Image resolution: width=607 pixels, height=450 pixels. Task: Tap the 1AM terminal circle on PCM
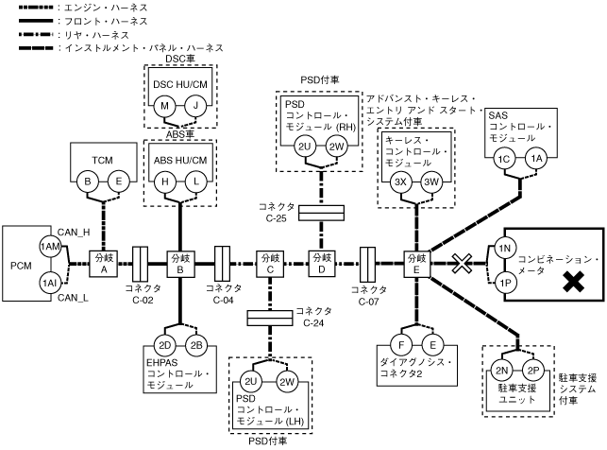pyautogui.click(x=48, y=246)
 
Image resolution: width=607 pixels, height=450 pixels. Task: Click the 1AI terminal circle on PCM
pyautogui.click(x=48, y=283)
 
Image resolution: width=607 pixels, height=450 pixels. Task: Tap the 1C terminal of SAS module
pyautogui.click(x=507, y=159)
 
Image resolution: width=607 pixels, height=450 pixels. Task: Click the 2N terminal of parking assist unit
pyautogui.click(x=503, y=370)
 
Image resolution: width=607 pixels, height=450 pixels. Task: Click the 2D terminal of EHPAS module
pyautogui.click(x=165, y=344)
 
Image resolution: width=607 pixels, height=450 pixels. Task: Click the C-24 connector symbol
pyautogui.click(x=270, y=317)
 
